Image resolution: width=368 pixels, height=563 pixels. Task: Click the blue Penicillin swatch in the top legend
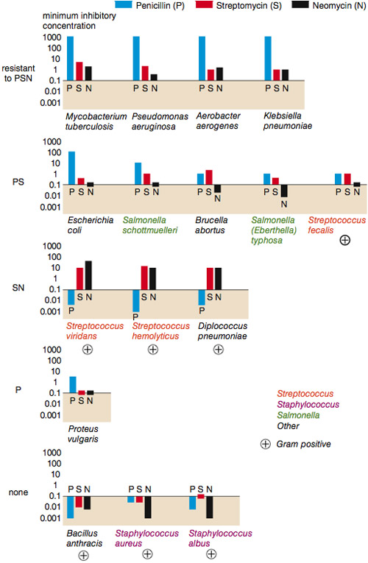(x=124, y=4)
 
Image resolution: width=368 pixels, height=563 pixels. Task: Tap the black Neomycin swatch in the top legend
(x=300, y=4)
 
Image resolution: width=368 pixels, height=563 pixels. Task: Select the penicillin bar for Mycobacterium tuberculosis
(x=71, y=58)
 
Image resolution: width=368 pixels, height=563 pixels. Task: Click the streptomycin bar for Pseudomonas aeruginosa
(x=145, y=74)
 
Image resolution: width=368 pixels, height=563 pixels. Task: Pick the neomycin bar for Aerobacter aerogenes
(x=219, y=74)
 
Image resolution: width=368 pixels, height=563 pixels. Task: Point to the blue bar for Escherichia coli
(x=72, y=168)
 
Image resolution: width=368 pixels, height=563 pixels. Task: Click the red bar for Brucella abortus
(x=209, y=177)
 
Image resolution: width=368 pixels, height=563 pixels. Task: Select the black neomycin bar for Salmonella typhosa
(x=284, y=191)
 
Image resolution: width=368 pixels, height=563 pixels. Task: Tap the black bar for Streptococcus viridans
(x=88, y=275)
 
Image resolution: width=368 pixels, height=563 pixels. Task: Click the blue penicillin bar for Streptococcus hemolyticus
(x=135, y=301)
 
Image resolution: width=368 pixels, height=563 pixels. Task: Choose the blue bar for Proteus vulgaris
(x=73, y=385)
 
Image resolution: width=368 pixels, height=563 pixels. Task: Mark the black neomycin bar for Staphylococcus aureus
(x=148, y=507)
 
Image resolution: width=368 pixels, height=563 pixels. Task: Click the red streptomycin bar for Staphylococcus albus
(x=201, y=496)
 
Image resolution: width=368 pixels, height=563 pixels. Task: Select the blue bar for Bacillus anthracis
(x=71, y=507)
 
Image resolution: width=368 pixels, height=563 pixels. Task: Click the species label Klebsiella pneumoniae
(x=288, y=121)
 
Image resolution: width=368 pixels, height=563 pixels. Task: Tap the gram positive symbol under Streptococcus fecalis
(x=344, y=240)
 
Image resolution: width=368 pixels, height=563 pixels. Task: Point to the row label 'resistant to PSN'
(x=18, y=74)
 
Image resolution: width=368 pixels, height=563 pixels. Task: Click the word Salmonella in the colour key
(x=298, y=415)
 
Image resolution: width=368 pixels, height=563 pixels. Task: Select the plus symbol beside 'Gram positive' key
(x=265, y=445)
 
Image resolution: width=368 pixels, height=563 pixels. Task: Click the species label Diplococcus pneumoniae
(x=222, y=331)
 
